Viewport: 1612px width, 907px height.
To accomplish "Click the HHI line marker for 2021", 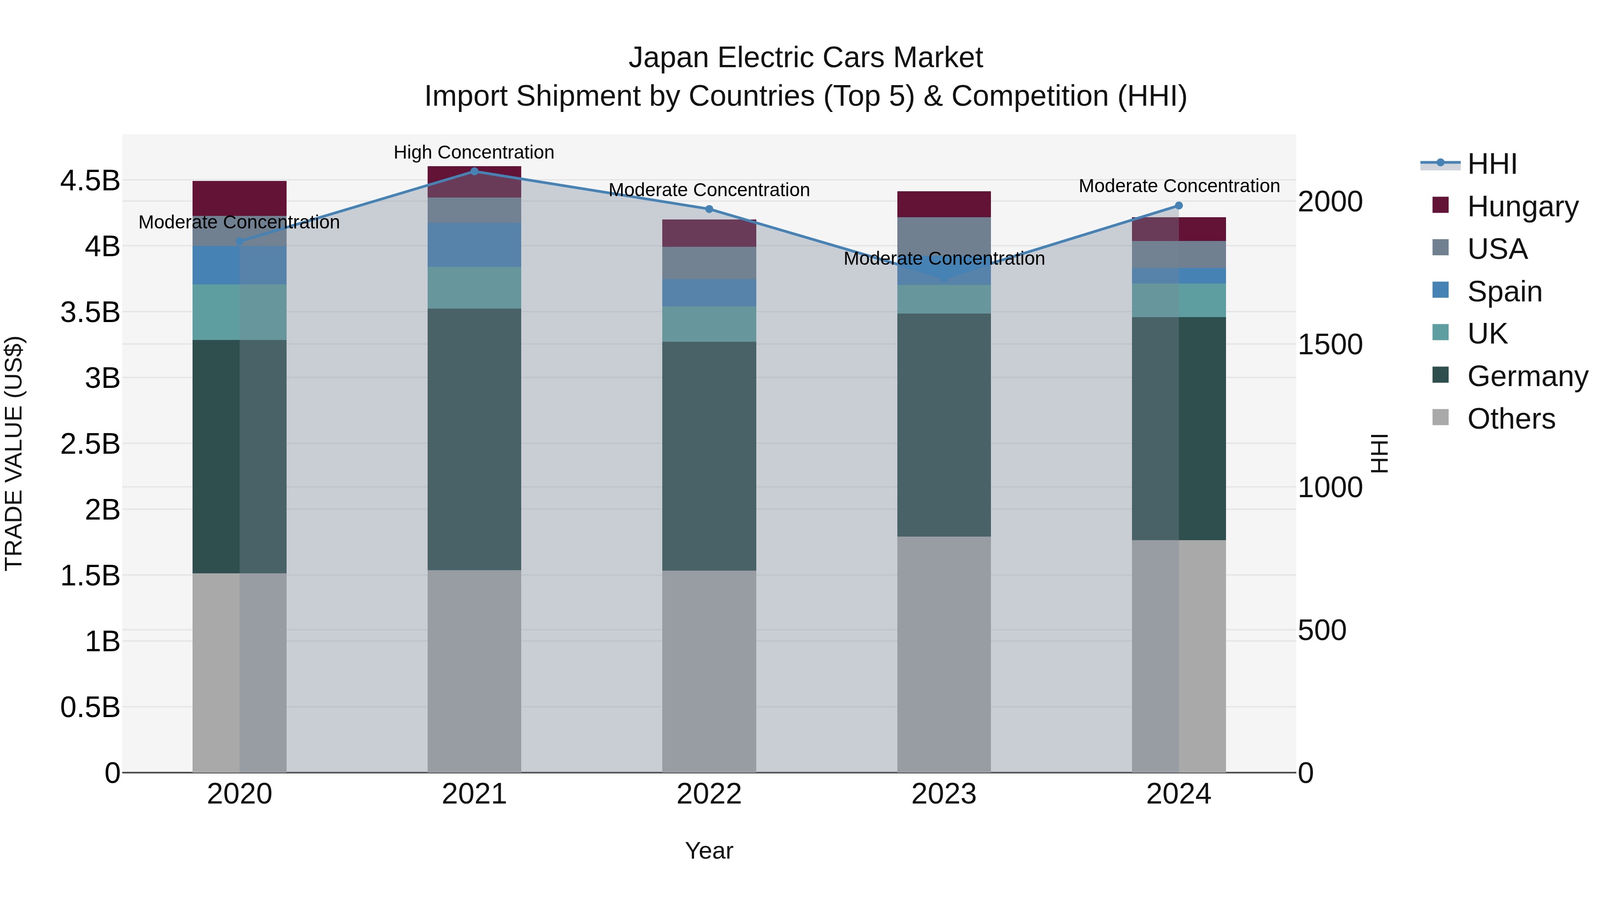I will point(474,171).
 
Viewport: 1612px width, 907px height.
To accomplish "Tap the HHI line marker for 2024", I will point(1179,205).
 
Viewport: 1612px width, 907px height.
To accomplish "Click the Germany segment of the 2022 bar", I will point(709,456).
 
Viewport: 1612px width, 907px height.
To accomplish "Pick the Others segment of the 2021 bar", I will point(474,671).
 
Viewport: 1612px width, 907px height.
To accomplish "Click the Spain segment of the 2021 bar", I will point(474,245).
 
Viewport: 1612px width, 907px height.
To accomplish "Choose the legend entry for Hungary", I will point(1522,206).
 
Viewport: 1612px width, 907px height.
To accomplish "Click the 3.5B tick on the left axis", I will point(90,312).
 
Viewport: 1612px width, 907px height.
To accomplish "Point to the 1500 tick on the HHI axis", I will point(1330,344).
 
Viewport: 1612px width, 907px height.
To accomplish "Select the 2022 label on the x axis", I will point(709,794).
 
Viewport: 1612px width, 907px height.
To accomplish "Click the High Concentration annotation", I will point(474,152).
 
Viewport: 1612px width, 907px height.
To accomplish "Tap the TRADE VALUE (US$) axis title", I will point(14,453).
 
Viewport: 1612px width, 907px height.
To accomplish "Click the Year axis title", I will point(709,851).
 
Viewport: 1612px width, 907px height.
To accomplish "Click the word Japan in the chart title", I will point(669,58).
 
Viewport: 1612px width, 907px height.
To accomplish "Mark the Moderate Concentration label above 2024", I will point(1179,186).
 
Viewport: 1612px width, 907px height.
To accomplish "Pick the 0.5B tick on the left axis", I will point(90,707).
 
